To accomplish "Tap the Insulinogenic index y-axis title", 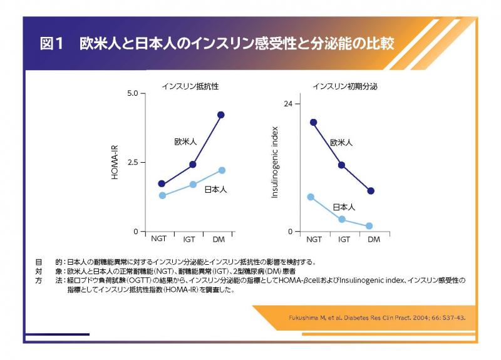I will click(274, 162).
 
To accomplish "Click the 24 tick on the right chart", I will click(287, 103).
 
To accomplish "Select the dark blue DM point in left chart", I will click(220, 115).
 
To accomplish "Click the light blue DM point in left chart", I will click(222, 170).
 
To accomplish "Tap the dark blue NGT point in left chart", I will click(162, 183).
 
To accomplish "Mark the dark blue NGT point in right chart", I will click(313, 122).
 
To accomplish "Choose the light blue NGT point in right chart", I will click(311, 197).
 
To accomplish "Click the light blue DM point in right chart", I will click(369, 226).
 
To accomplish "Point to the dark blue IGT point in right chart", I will click(341, 165).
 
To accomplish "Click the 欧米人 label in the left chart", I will click(185, 143).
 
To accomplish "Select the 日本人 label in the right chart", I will click(344, 207).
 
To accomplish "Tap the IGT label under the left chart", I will click(189, 239).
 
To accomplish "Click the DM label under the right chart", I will click(373, 239).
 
